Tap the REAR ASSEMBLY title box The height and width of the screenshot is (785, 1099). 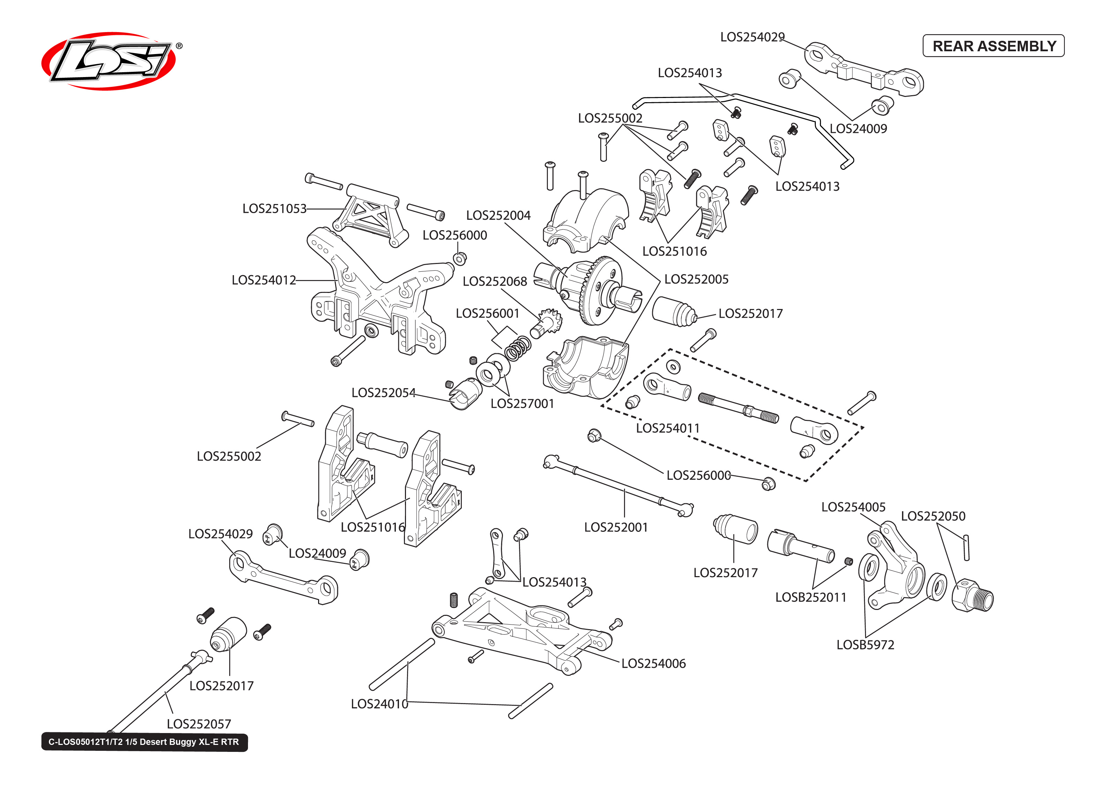(993, 46)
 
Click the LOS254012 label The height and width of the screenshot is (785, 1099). (263, 280)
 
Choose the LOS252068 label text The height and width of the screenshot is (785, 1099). (495, 281)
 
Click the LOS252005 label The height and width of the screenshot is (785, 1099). (696, 279)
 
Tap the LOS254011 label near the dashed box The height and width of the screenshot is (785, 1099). (668, 428)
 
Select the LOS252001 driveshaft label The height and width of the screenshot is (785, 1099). (616, 527)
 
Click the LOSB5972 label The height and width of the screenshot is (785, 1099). (865, 644)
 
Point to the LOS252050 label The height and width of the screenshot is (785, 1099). (933, 516)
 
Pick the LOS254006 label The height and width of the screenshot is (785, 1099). (653, 663)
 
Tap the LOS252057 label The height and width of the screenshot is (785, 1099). (199, 724)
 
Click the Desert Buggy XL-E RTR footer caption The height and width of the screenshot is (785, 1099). (144, 742)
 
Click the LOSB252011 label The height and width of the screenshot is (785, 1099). (811, 597)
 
